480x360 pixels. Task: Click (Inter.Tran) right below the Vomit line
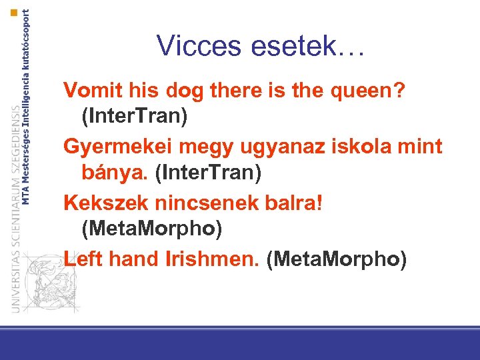coord(134,117)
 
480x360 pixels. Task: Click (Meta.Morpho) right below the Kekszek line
coord(151,229)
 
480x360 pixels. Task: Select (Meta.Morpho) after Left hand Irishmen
coord(336,259)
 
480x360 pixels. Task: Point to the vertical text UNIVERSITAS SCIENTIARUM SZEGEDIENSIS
coord(15,207)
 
